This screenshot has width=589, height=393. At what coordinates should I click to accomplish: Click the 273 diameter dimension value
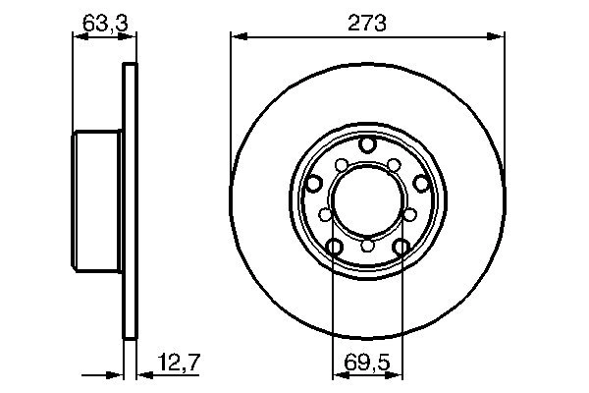[368, 22]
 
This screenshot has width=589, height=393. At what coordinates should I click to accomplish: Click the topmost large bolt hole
[367, 145]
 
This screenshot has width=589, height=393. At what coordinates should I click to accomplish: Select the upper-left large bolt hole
[314, 183]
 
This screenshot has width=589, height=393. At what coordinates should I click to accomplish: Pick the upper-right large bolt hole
[420, 183]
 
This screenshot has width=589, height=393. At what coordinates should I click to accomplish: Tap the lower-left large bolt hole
[334, 247]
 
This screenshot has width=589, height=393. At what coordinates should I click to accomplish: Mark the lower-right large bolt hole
[401, 247]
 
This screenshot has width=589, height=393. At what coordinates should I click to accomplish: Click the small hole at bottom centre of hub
[367, 246]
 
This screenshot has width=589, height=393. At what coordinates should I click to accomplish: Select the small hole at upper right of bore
[394, 164]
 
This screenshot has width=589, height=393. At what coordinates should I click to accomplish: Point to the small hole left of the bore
[324, 213]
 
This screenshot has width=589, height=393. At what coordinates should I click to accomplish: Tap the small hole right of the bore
[410, 213]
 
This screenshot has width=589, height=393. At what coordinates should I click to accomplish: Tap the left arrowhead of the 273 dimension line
[237, 37]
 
